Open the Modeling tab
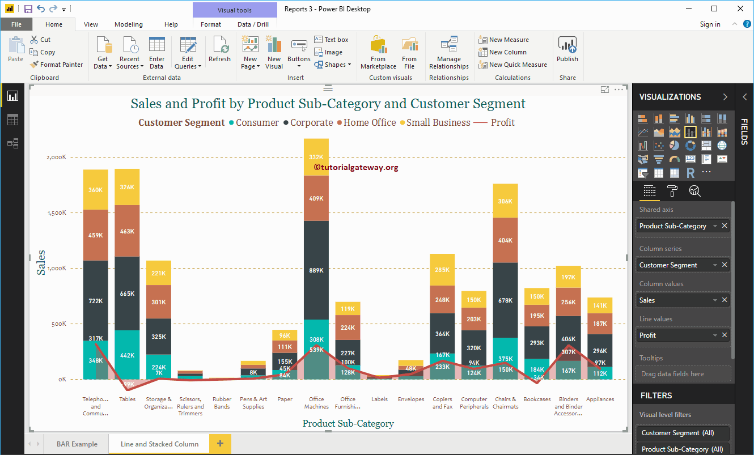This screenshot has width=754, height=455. [x=129, y=24]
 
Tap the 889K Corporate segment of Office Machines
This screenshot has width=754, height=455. [x=316, y=270]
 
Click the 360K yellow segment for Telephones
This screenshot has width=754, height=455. [x=96, y=190]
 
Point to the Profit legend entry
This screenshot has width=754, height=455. [x=502, y=122]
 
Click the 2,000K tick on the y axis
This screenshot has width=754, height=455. [x=56, y=157]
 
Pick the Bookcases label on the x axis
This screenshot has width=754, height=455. [x=537, y=399]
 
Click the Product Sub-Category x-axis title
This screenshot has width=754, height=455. [x=348, y=423]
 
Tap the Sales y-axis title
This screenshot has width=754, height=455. [x=41, y=262]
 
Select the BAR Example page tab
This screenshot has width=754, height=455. [x=77, y=444]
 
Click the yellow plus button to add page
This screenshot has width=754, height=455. [x=220, y=444]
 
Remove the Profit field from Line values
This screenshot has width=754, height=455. [x=725, y=335]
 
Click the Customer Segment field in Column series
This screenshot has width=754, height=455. [x=668, y=265]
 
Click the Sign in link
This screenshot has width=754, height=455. [x=710, y=24]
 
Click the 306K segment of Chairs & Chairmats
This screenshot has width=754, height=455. [x=505, y=201]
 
